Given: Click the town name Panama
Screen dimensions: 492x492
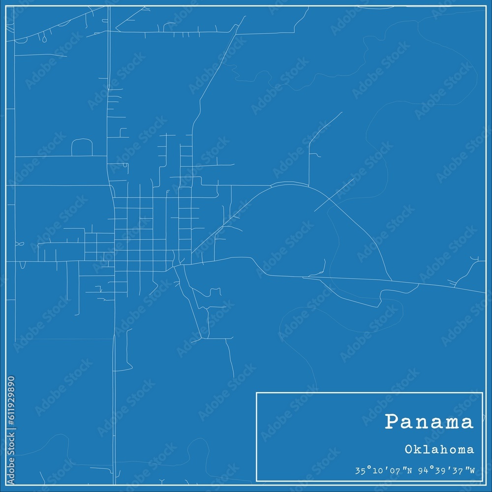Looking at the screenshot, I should coord(429,422).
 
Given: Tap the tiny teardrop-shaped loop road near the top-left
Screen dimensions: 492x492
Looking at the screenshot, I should coord(44,37).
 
